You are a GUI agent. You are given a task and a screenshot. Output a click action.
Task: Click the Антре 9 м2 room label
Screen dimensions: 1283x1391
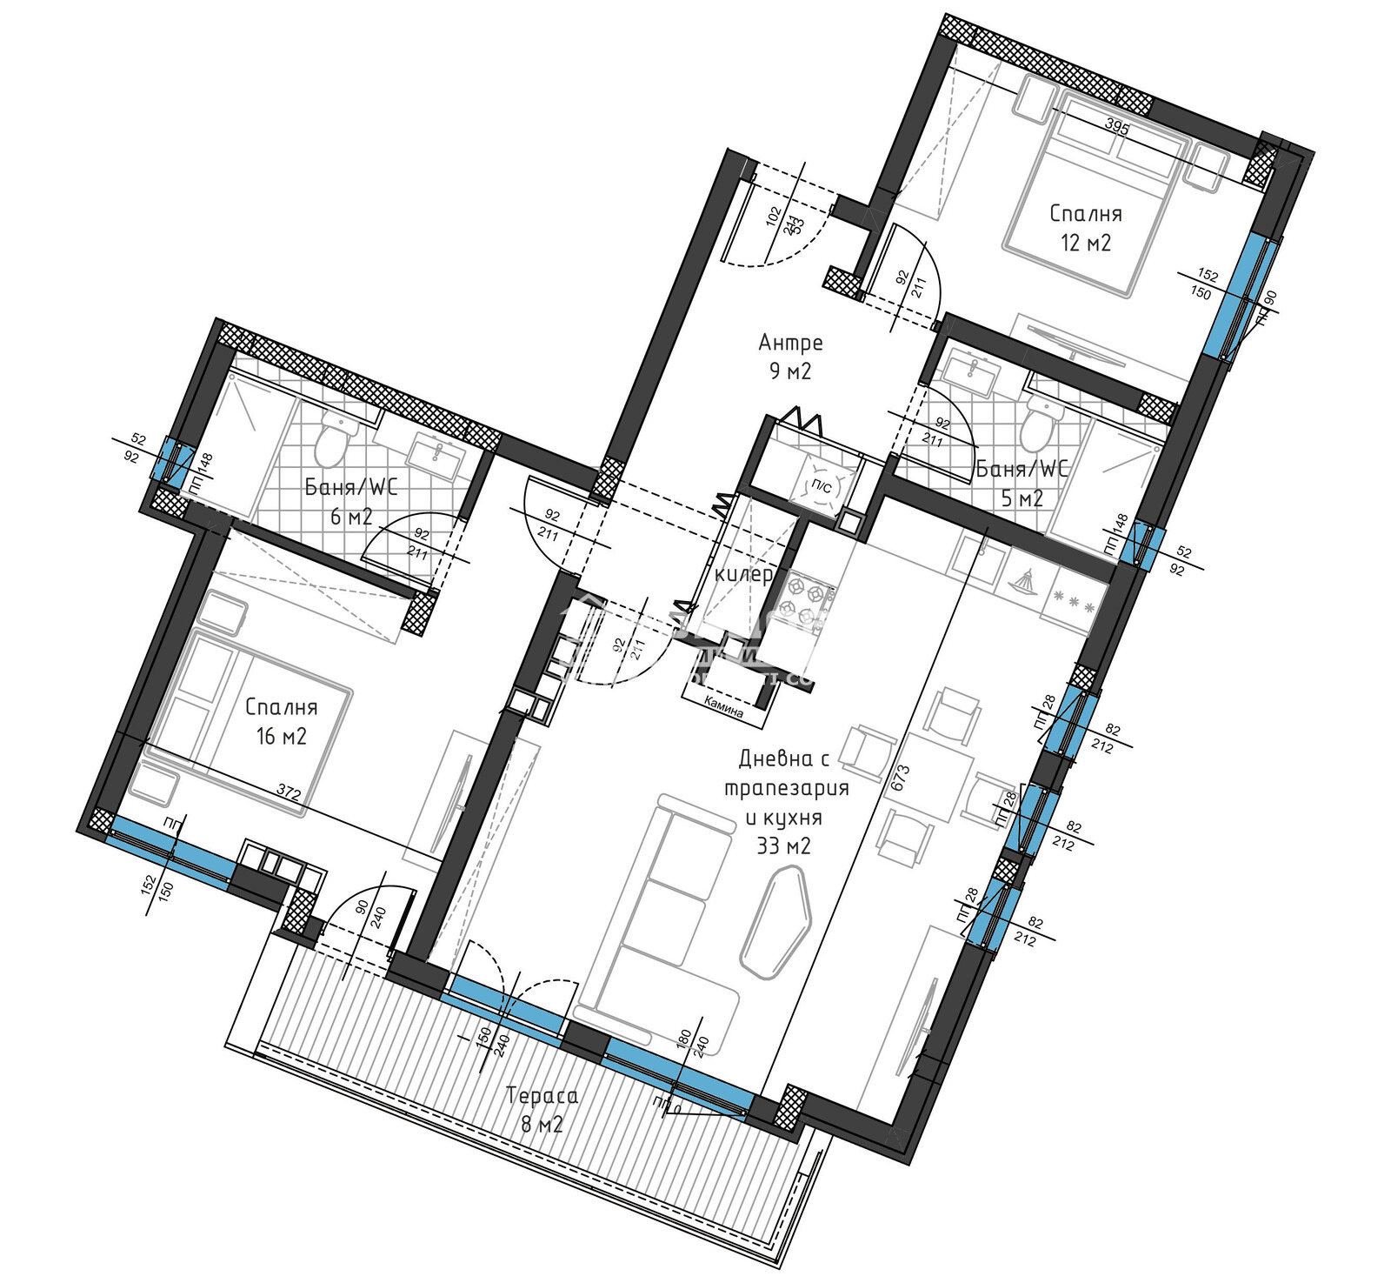click(790, 357)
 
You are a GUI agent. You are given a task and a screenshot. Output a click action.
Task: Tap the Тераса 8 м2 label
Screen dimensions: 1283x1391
click(542, 1109)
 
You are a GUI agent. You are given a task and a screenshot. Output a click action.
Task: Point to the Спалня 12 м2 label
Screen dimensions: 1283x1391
click(1085, 227)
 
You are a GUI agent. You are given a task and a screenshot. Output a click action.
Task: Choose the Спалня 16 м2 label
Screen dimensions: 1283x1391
click(281, 721)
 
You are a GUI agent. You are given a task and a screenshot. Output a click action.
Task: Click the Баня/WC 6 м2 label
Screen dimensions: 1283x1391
click(350, 501)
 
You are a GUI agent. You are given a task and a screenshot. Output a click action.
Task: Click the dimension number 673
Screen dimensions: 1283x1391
click(901, 777)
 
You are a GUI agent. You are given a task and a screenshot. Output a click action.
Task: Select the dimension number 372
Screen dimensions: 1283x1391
click(289, 792)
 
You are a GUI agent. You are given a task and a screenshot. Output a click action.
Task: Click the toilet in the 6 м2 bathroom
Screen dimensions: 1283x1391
click(331, 440)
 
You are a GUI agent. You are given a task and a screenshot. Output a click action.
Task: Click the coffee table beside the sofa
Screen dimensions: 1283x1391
click(777, 926)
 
